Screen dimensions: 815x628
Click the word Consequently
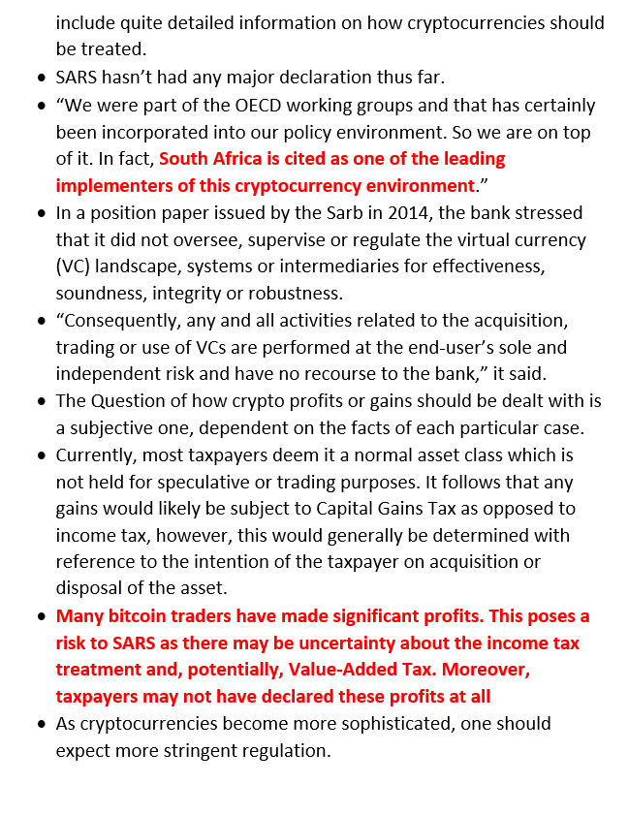(x=121, y=320)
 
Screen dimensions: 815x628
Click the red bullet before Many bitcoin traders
(x=42, y=616)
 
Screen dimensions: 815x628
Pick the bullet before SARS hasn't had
(x=42, y=78)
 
